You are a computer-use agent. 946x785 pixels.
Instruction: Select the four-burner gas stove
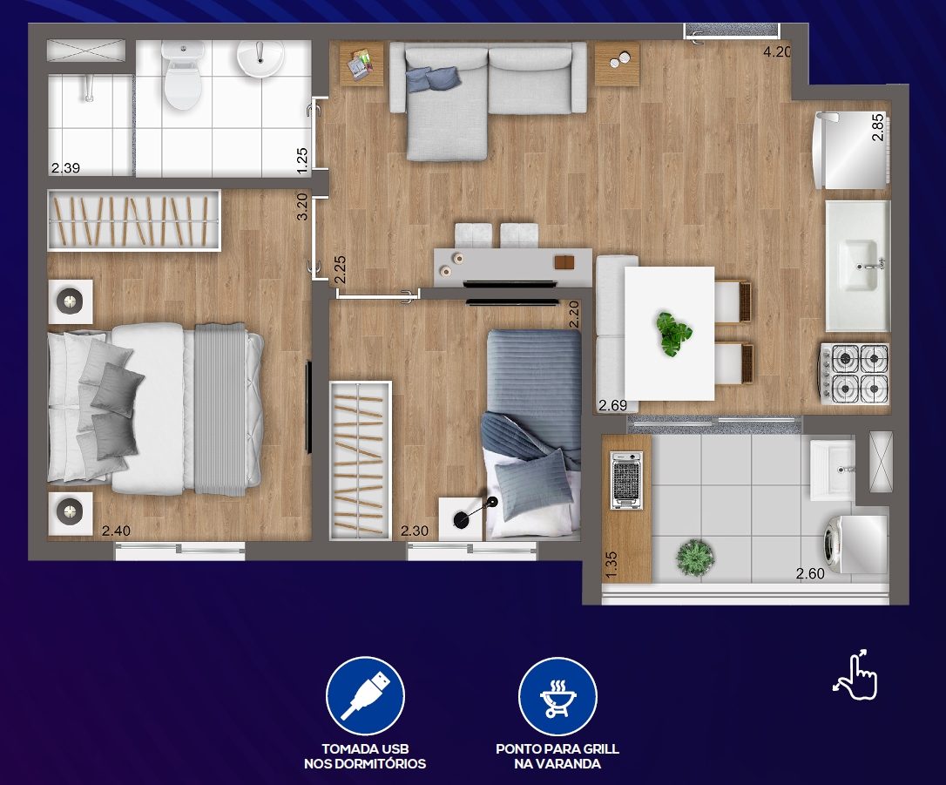point(854,374)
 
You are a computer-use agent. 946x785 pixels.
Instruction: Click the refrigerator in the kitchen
point(851,150)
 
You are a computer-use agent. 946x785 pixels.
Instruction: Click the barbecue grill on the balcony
point(626,480)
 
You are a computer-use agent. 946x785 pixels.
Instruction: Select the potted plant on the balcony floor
point(695,557)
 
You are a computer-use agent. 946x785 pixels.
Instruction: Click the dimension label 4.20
point(776,52)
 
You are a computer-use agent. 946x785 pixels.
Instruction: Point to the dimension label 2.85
point(878,127)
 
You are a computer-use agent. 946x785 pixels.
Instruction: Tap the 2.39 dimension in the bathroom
point(65,168)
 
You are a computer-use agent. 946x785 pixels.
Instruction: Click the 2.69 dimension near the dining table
point(613,405)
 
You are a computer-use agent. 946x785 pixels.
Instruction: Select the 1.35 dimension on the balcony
point(612,565)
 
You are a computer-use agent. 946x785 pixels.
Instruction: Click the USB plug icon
point(366,696)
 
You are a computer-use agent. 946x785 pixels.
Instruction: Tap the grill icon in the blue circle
point(558,698)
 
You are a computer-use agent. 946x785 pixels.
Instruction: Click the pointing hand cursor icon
point(856,675)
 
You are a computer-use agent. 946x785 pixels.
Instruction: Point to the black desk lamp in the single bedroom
point(476,511)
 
